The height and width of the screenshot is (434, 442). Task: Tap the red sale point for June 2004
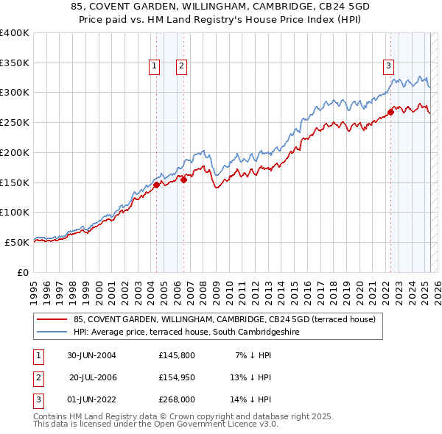coord(157,185)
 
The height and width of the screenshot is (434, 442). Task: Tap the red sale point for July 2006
coord(183,179)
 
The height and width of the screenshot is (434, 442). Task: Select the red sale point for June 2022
coord(390,112)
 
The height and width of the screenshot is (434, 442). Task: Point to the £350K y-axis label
coord(15,63)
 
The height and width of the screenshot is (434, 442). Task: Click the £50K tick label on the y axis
coord(18,242)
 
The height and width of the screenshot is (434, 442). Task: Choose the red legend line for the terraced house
coord(52,319)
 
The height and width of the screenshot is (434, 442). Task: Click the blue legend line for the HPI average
coord(52,332)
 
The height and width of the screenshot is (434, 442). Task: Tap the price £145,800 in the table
coord(177,355)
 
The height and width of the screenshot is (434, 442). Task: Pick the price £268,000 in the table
coord(177,399)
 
